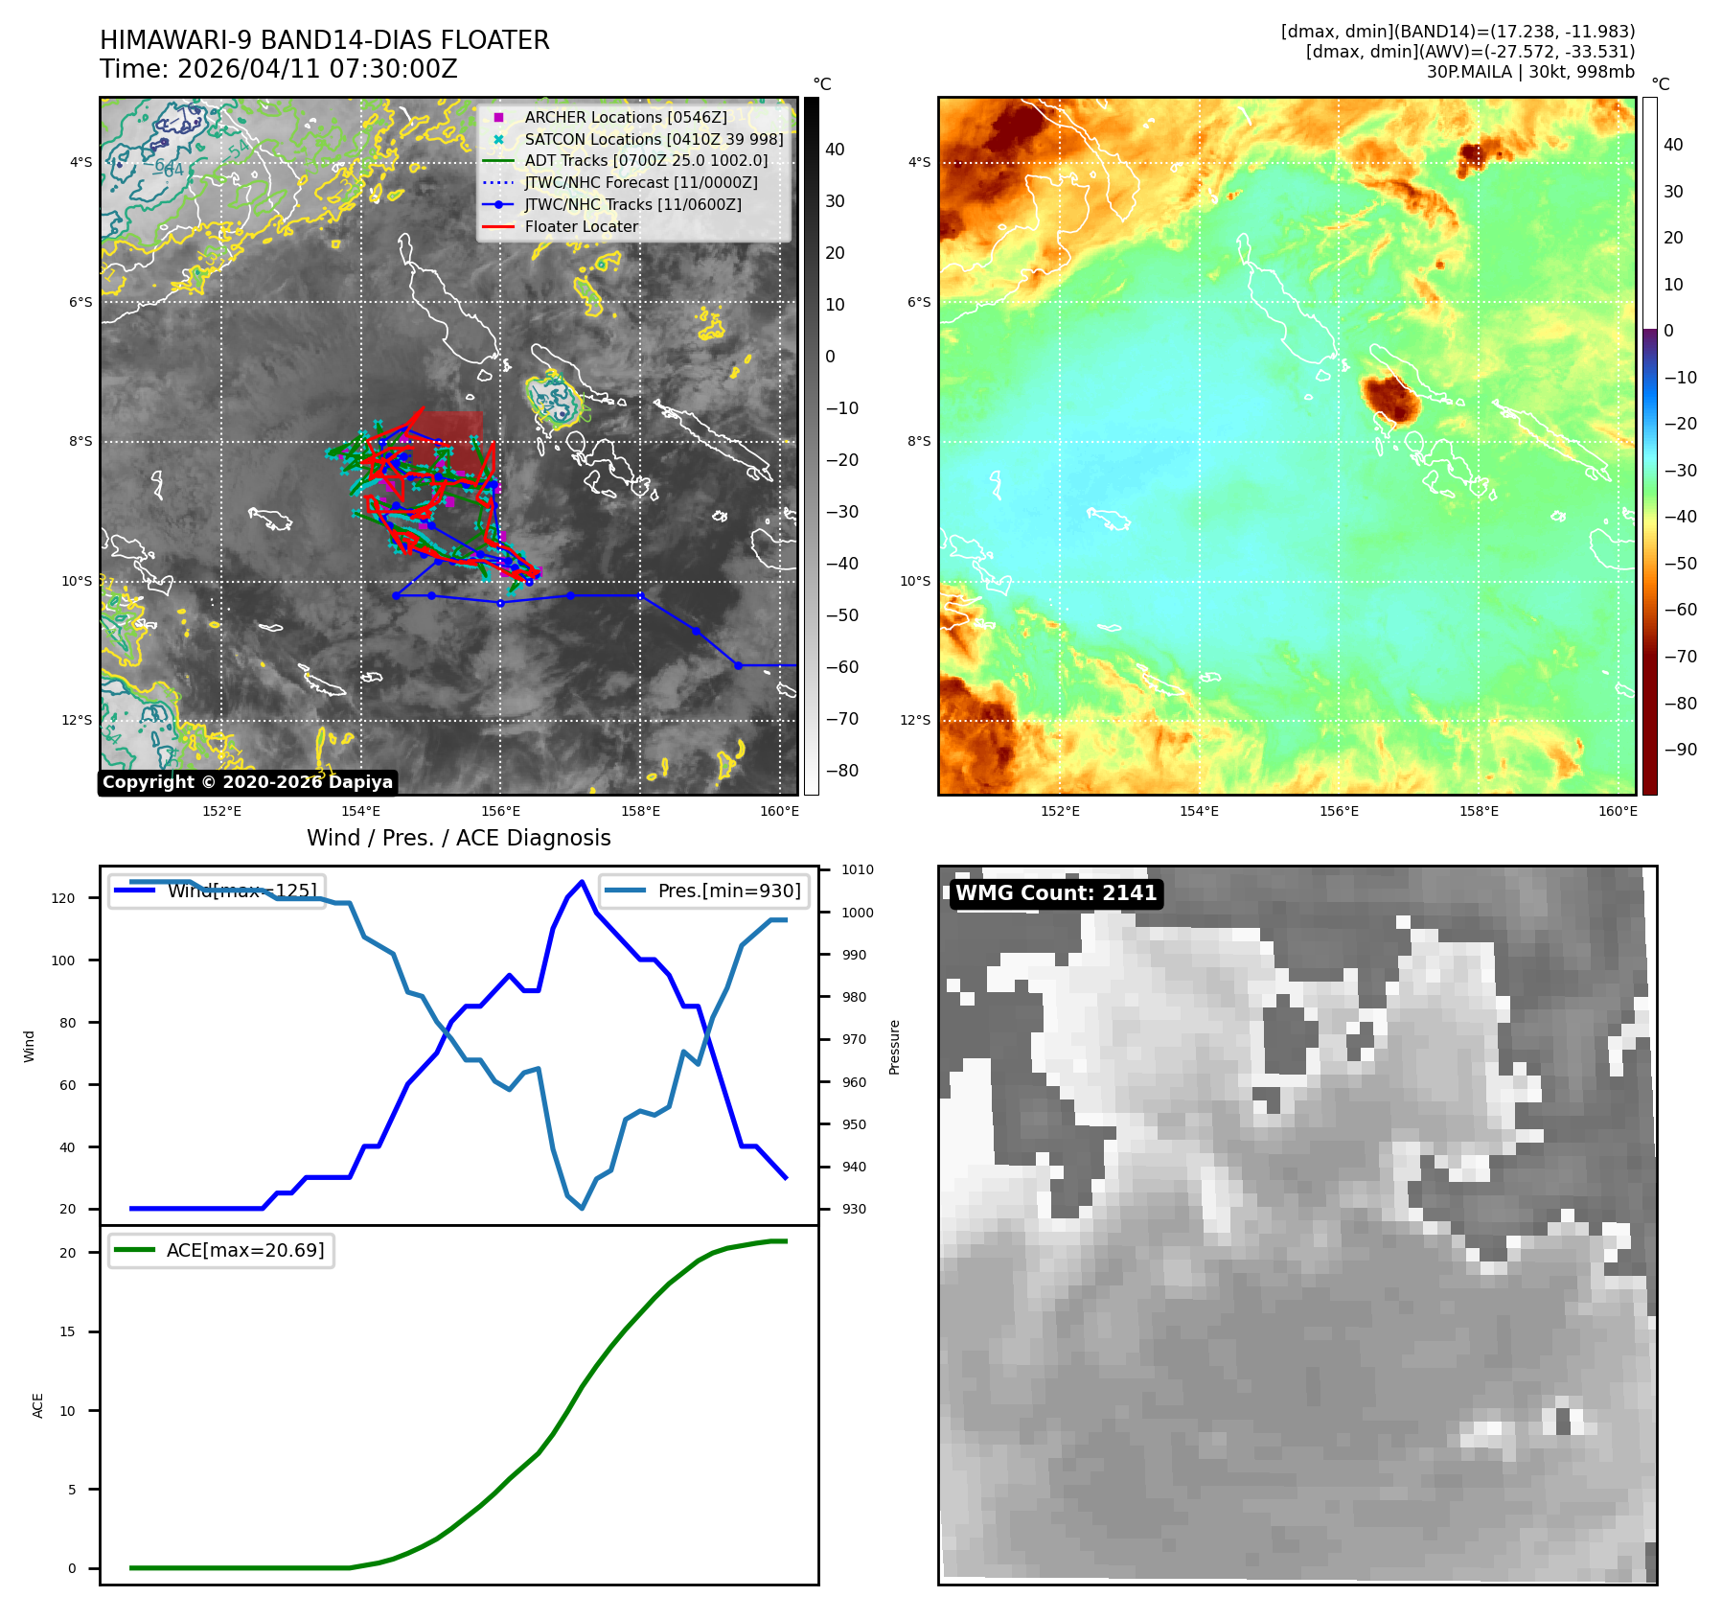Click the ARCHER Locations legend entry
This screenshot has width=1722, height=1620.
click(626, 117)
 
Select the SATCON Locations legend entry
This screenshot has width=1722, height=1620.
click(654, 139)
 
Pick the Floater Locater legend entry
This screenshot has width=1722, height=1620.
click(581, 226)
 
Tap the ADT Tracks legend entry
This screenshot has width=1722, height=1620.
click(646, 161)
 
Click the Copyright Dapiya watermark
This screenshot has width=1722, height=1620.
click(247, 782)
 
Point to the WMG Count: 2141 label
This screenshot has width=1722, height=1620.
click(1055, 893)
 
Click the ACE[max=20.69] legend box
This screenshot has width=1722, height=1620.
click(221, 1250)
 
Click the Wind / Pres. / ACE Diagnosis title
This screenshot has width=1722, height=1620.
click(458, 838)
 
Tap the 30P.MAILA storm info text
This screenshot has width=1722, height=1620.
click(1529, 72)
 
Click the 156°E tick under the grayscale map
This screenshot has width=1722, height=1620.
click(500, 811)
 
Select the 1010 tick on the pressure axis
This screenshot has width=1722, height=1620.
click(858, 869)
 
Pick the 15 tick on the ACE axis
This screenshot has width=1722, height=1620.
click(67, 1331)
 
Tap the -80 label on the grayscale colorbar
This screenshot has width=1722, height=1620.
click(842, 771)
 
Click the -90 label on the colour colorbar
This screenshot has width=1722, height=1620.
click(1680, 750)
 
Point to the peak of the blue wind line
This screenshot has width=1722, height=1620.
click(582, 882)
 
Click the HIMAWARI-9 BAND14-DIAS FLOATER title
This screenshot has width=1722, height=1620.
click(325, 40)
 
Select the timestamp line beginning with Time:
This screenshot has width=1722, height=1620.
click(279, 69)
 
